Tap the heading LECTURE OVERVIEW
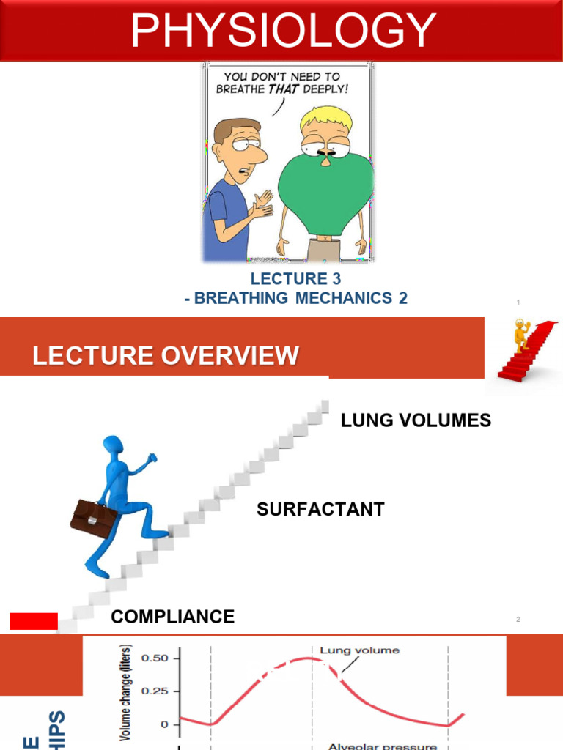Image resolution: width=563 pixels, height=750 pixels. [166, 357]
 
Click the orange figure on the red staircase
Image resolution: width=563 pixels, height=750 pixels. [521, 335]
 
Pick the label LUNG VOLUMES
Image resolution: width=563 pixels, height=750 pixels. [416, 420]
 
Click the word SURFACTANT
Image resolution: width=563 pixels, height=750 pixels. [320, 510]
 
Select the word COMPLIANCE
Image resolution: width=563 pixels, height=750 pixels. [172, 617]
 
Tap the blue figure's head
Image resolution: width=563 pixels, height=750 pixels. [113, 448]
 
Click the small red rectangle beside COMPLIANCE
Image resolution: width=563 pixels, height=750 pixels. [34, 621]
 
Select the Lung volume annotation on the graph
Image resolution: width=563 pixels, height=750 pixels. [359, 650]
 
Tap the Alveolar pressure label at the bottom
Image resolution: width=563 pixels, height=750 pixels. [382, 746]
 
